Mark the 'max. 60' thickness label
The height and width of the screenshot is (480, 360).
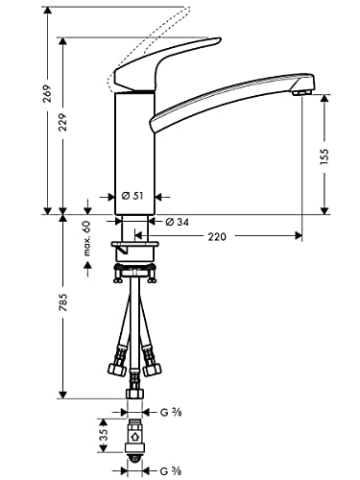(x=85, y=237)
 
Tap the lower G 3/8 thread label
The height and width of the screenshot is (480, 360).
(x=169, y=470)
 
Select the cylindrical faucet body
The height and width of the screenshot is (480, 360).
(x=134, y=149)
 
